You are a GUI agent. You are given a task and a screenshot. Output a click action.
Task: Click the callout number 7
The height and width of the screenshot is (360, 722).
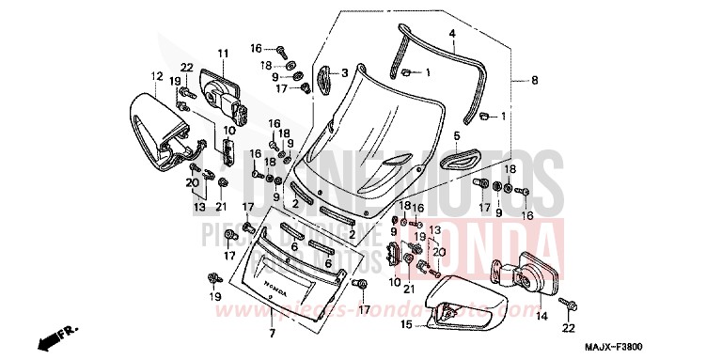(x=271, y=334)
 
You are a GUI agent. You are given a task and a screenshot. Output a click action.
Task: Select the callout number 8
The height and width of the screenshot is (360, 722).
(x=535, y=82)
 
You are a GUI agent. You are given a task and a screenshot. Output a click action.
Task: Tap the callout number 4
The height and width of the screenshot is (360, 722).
(x=452, y=34)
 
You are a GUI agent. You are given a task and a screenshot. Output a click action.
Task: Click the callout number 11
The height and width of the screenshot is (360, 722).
(x=224, y=52)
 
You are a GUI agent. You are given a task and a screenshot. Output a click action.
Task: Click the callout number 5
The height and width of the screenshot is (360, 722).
(x=458, y=135)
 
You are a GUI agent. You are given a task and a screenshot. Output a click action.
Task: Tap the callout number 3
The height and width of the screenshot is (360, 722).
(x=344, y=72)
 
